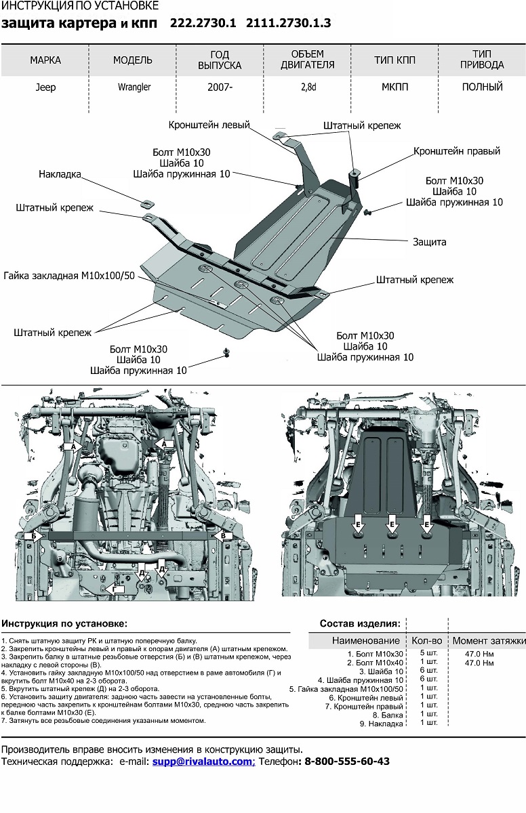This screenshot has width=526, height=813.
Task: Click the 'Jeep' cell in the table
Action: (46, 87)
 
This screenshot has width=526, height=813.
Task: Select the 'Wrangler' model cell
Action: (133, 87)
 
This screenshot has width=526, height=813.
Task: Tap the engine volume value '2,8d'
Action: (308, 87)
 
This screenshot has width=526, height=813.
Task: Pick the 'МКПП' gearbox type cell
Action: (394, 87)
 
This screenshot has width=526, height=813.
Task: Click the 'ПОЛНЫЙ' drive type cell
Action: (482, 87)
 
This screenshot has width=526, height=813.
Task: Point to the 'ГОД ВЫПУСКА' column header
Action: (220, 60)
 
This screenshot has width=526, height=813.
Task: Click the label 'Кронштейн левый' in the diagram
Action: (209, 125)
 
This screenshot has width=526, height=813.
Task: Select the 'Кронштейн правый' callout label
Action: (457, 151)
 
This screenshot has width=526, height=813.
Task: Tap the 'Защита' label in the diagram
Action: (429, 241)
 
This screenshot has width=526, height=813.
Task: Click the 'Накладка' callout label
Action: (60, 174)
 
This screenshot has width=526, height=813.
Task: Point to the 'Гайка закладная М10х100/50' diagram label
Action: (69, 276)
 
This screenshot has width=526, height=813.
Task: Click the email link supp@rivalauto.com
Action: (202, 762)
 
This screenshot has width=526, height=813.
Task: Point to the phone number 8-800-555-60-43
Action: (346, 762)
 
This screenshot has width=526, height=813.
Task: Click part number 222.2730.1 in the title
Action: (203, 23)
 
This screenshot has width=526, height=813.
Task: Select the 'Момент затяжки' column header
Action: (488, 640)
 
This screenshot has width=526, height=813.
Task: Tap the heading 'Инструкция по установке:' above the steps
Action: (64, 623)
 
